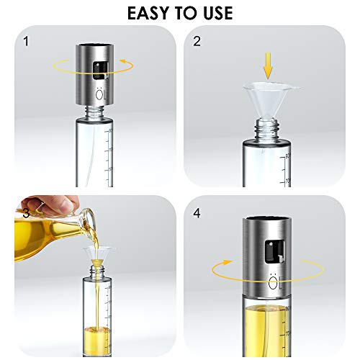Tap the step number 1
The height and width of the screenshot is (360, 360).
click(27, 41)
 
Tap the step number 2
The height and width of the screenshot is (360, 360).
click(197, 41)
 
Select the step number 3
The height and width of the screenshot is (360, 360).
click(27, 212)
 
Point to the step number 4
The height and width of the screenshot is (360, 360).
click(197, 212)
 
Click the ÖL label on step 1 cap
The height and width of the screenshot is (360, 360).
click(99, 94)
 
